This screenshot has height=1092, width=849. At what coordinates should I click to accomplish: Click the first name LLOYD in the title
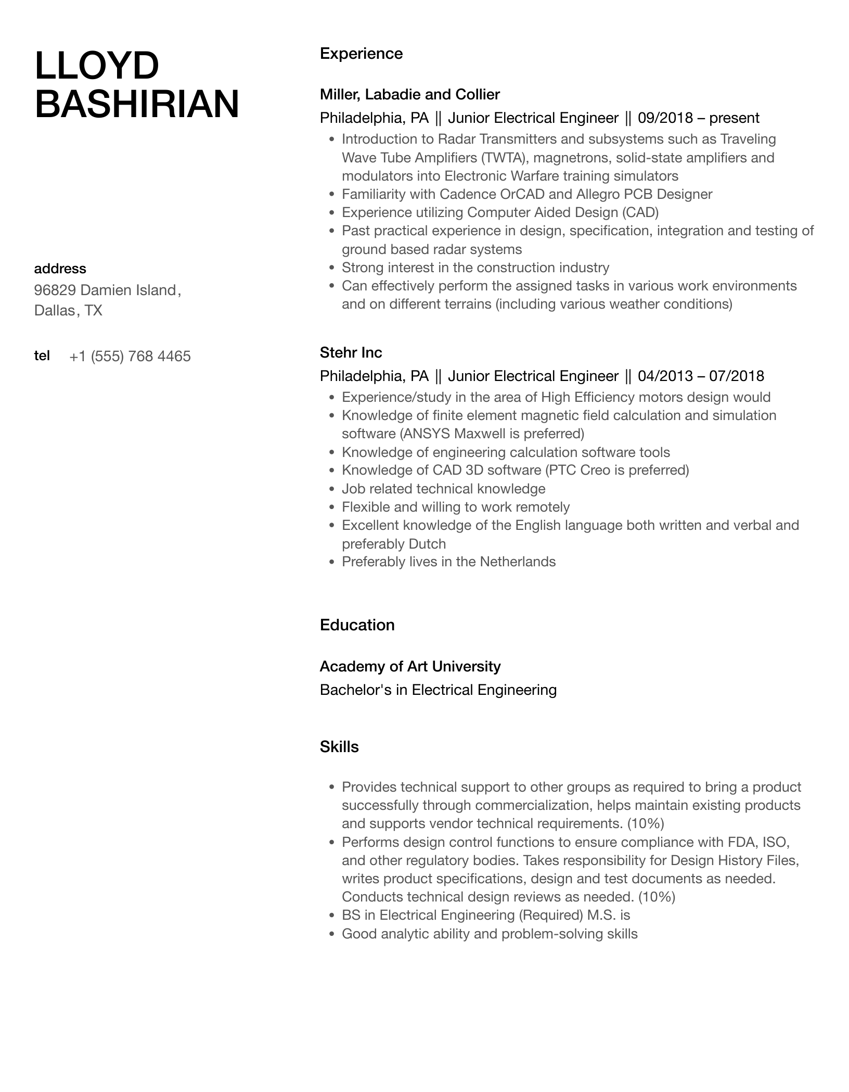click(x=97, y=66)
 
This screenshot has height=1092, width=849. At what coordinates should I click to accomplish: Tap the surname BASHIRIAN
click(x=137, y=104)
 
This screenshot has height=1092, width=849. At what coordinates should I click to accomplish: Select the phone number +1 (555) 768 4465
click(x=130, y=357)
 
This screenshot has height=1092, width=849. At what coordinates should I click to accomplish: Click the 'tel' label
click(x=42, y=355)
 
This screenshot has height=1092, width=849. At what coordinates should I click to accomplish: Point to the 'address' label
click(x=60, y=269)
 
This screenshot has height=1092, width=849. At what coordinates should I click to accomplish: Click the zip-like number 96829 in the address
click(x=55, y=290)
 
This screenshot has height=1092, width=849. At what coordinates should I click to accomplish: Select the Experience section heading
click(x=361, y=54)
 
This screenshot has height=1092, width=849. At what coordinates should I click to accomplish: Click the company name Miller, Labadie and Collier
click(x=409, y=94)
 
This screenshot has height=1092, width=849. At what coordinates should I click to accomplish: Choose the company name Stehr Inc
click(x=351, y=352)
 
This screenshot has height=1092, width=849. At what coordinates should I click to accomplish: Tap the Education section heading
click(x=357, y=625)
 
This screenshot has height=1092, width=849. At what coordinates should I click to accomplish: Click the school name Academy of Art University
click(x=410, y=666)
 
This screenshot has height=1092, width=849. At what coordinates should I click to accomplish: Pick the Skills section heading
click(x=339, y=747)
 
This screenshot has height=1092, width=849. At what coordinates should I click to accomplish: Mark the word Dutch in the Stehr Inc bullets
click(x=427, y=544)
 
